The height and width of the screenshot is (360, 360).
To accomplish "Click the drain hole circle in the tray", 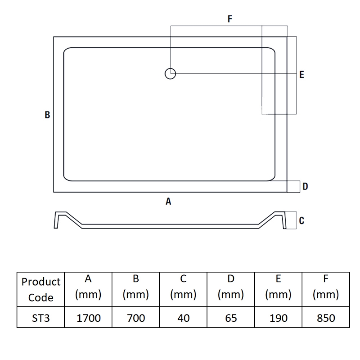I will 170,73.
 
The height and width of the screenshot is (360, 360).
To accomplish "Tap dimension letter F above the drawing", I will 230,19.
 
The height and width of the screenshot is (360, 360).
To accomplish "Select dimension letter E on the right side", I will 301,75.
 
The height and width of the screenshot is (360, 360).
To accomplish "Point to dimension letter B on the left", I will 47,115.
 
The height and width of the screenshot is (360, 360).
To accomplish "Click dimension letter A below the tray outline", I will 168,202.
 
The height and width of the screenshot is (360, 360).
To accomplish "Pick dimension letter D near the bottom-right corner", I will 305,186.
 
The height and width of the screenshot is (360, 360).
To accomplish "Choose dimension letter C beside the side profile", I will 301,220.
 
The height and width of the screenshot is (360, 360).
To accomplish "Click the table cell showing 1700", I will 88,318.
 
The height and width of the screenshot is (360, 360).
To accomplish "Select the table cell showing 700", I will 136,318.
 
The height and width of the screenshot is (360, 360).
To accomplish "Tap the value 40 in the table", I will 184,318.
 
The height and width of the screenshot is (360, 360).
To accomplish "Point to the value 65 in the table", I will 231,318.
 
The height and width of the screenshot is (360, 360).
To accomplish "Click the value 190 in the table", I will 279,318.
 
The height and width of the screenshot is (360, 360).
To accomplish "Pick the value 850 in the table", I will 326,318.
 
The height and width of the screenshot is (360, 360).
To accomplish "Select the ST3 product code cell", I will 41,318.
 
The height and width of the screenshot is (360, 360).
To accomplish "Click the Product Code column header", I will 41,289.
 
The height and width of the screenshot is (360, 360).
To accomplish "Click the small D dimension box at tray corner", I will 293,186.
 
